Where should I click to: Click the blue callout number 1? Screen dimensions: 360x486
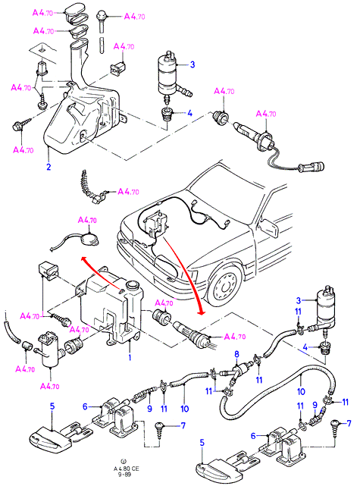pos(130,357)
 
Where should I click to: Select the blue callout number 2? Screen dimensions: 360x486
pos(49,167)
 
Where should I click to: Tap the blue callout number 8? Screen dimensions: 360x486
pos(236,354)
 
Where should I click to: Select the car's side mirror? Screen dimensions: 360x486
pos(269,227)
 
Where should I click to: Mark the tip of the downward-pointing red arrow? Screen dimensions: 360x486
pos(202,315)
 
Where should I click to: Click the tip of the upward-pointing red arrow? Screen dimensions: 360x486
pos(82,257)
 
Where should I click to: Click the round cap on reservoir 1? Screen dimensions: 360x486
pos(133,284)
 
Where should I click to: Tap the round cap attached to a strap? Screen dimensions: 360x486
pos(89,240)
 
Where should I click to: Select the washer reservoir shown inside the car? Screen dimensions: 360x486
pos(157,223)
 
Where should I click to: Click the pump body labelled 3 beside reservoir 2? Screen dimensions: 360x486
pos(169,74)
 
